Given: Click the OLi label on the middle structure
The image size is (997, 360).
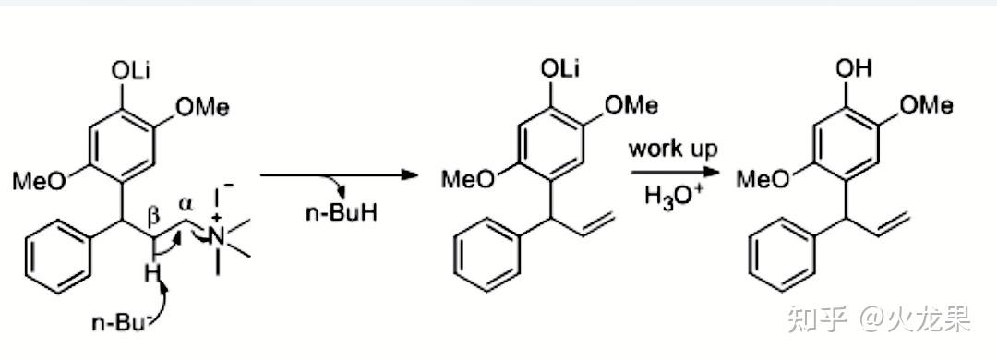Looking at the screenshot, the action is point(560,69).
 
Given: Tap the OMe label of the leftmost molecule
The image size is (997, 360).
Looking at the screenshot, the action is point(203,107).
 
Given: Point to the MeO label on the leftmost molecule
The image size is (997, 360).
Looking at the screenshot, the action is point(40,182).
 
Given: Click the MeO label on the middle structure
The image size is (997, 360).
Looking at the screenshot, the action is point(468,179).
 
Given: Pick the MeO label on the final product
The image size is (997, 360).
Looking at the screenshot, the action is point(763,179).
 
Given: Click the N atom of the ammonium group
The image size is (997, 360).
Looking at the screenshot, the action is point(218,238).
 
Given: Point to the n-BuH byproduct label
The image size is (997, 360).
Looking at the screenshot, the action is point(341,212).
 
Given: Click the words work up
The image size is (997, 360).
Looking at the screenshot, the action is point(673,150).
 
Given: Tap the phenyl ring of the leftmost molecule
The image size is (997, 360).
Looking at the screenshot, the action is point(57,257).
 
